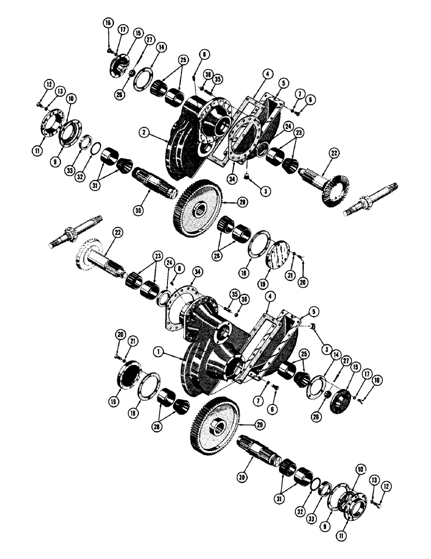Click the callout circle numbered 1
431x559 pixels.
point(160,353)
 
